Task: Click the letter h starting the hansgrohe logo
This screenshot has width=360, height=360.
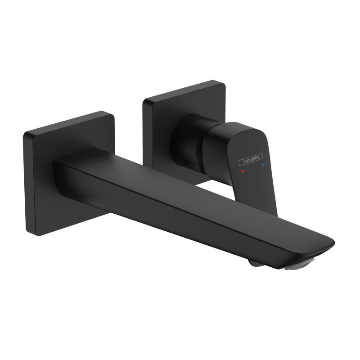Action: click(x=240, y=161)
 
